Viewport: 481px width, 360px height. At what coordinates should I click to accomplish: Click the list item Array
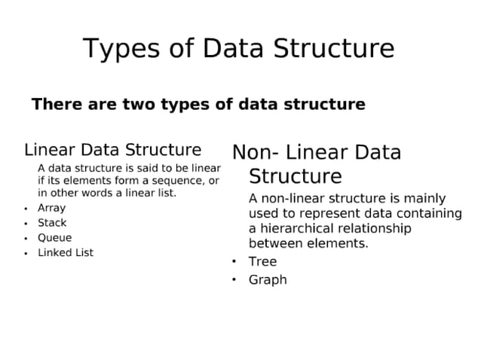[x=51, y=208]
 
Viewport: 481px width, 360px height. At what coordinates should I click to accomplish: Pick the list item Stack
[x=52, y=223]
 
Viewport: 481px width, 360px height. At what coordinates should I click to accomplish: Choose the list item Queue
[x=54, y=238]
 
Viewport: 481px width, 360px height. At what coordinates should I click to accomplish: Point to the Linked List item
[x=66, y=253]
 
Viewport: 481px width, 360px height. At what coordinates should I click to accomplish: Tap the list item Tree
[x=262, y=261]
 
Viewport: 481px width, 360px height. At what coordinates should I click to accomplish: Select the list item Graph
[x=268, y=279]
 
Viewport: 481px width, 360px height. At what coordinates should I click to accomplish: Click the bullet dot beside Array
[x=26, y=209]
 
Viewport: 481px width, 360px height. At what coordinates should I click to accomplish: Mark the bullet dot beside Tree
[x=234, y=261]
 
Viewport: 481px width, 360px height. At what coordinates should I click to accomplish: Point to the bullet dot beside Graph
[x=234, y=279]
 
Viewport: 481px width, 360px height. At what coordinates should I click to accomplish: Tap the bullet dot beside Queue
[x=26, y=239]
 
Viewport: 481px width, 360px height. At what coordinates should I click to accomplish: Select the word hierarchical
[x=297, y=228]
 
